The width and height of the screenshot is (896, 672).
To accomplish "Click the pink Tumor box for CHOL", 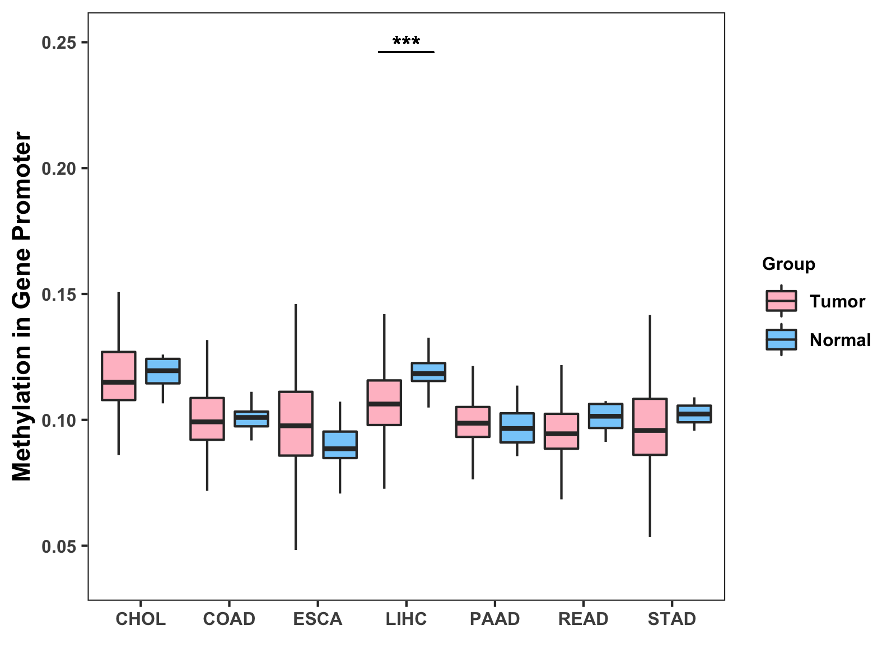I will pyautogui.click(x=118, y=376).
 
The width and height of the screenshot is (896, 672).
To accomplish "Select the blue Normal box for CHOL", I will pyautogui.click(x=163, y=371).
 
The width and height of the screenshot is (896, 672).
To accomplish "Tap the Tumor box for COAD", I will pyautogui.click(x=207, y=419).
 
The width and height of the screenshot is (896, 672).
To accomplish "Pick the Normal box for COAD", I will pyautogui.click(x=251, y=419).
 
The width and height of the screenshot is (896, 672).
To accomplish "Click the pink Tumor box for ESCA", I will pyautogui.click(x=296, y=423).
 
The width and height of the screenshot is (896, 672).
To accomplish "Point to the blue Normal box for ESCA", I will pyautogui.click(x=340, y=445).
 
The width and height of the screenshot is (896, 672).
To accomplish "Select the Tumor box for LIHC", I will pyautogui.click(x=384, y=403).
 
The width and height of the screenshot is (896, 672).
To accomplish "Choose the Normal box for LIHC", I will pyautogui.click(x=428, y=372).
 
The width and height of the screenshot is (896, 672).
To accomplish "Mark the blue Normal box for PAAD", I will pyautogui.click(x=517, y=428).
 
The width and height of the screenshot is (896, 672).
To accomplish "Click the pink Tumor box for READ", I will pyautogui.click(x=561, y=431).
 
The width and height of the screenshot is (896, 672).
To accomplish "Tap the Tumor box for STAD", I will pyautogui.click(x=650, y=427).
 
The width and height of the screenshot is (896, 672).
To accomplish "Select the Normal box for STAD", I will pyautogui.click(x=694, y=414).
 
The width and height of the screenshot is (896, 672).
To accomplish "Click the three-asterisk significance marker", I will pyautogui.click(x=406, y=42).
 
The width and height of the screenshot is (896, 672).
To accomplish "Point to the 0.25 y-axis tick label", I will pyautogui.click(x=58, y=43).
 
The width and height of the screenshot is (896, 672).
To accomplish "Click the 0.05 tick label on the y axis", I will pyautogui.click(x=58, y=546).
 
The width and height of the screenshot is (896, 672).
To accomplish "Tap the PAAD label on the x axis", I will pyautogui.click(x=494, y=619).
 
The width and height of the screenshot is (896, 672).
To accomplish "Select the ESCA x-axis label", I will pyautogui.click(x=318, y=619).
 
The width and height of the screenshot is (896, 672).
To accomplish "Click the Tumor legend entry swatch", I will pyautogui.click(x=781, y=301).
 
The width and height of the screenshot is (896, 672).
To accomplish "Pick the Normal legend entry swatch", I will pyautogui.click(x=781, y=340).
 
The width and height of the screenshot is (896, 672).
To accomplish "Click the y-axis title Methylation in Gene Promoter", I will pyautogui.click(x=22, y=306).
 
